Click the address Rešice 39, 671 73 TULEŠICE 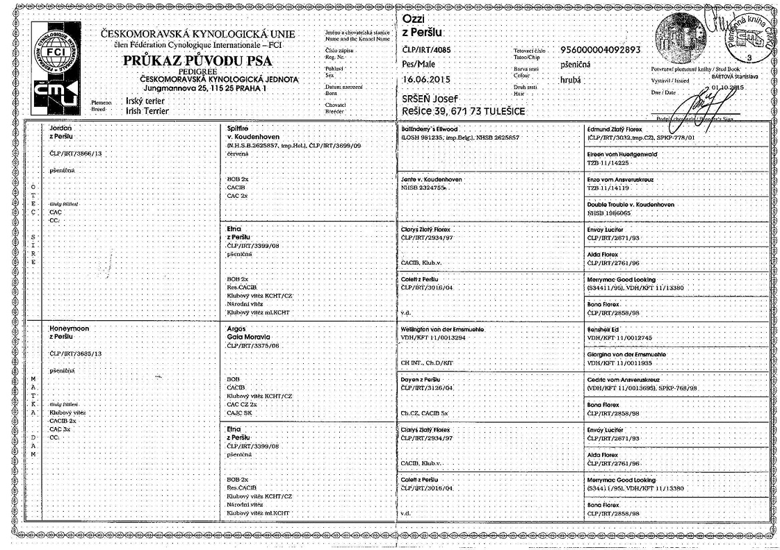(x=464, y=111)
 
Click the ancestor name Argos (x=238, y=327)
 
